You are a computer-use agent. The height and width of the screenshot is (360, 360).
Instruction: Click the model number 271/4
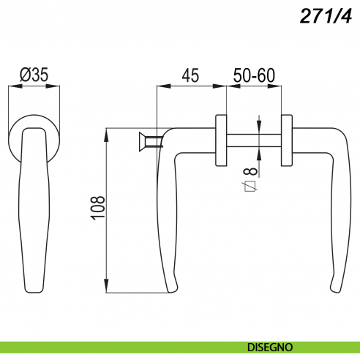coord(326,16)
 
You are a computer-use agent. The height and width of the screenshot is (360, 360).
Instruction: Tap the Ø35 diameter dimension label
coord(34,75)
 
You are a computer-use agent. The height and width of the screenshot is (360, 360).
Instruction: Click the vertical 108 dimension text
coord(98,208)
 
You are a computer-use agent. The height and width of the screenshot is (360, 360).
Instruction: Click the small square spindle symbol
coord(250,187)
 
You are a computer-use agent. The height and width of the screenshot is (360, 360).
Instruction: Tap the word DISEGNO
coord(270,347)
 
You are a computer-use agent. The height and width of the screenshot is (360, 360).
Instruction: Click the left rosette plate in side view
coord(221,140)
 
